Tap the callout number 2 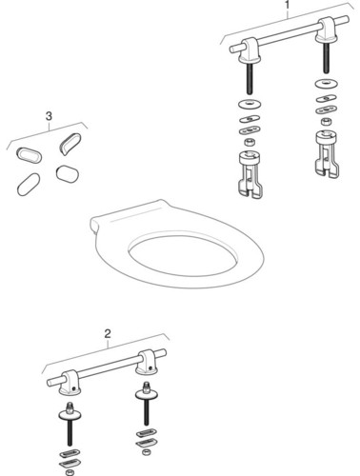[108, 334]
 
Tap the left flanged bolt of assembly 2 [72, 419]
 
